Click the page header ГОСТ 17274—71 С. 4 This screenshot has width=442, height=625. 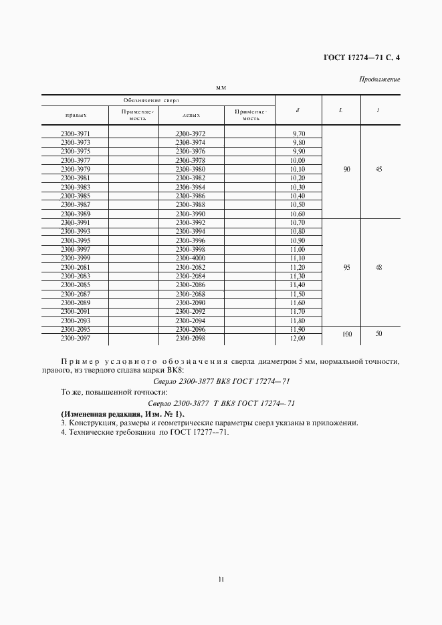356,57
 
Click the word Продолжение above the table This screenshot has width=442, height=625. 379,79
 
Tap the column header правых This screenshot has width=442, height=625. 75,115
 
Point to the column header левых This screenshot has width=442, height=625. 190,115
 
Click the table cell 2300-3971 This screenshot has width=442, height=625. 75,134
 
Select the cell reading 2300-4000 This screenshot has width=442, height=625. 190,258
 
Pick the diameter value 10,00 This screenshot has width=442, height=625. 297,161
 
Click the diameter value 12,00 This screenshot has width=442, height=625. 297,339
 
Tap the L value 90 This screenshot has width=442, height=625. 346,170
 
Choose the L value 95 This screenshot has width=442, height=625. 346,267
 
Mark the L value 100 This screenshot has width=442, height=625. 346,334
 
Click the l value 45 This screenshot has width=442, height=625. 379,170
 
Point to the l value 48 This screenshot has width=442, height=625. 379,267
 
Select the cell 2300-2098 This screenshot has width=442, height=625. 190,339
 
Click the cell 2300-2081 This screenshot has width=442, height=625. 75,267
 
